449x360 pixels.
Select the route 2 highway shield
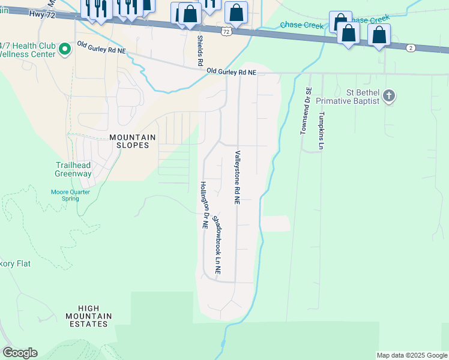click(x=411, y=47)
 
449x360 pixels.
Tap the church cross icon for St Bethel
click(x=389, y=96)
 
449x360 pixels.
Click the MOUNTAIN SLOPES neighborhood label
click(x=132, y=141)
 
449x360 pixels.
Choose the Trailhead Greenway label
click(x=74, y=169)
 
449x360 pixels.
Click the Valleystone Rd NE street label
click(x=238, y=178)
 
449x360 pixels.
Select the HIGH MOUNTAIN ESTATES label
click(x=88, y=316)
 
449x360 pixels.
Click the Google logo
click(x=20, y=353)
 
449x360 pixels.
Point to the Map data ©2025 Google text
click(x=412, y=355)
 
